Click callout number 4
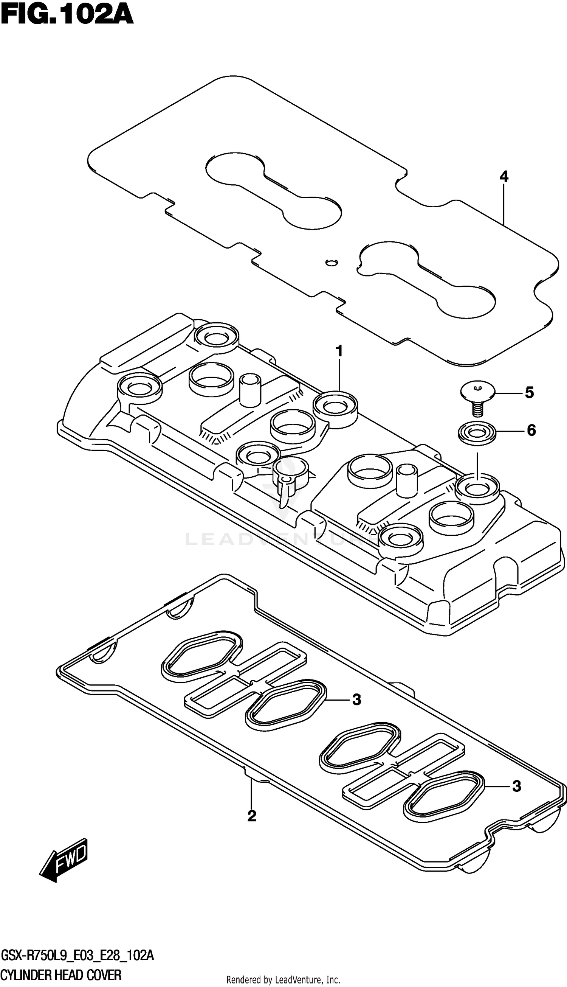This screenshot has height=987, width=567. (x=503, y=177)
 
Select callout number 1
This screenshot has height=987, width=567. (x=339, y=351)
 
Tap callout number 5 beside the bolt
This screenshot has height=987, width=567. (x=529, y=393)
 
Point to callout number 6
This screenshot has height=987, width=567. (x=531, y=431)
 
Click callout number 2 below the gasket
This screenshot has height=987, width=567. (x=252, y=816)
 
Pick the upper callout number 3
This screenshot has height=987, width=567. (x=356, y=700)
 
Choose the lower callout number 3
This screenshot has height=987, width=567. (x=516, y=786)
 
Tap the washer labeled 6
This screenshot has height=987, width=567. (x=477, y=433)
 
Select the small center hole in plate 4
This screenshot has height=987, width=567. (x=331, y=262)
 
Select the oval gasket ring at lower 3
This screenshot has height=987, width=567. (x=444, y=794)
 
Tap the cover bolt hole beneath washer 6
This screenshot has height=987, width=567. (x=477, y=487)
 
